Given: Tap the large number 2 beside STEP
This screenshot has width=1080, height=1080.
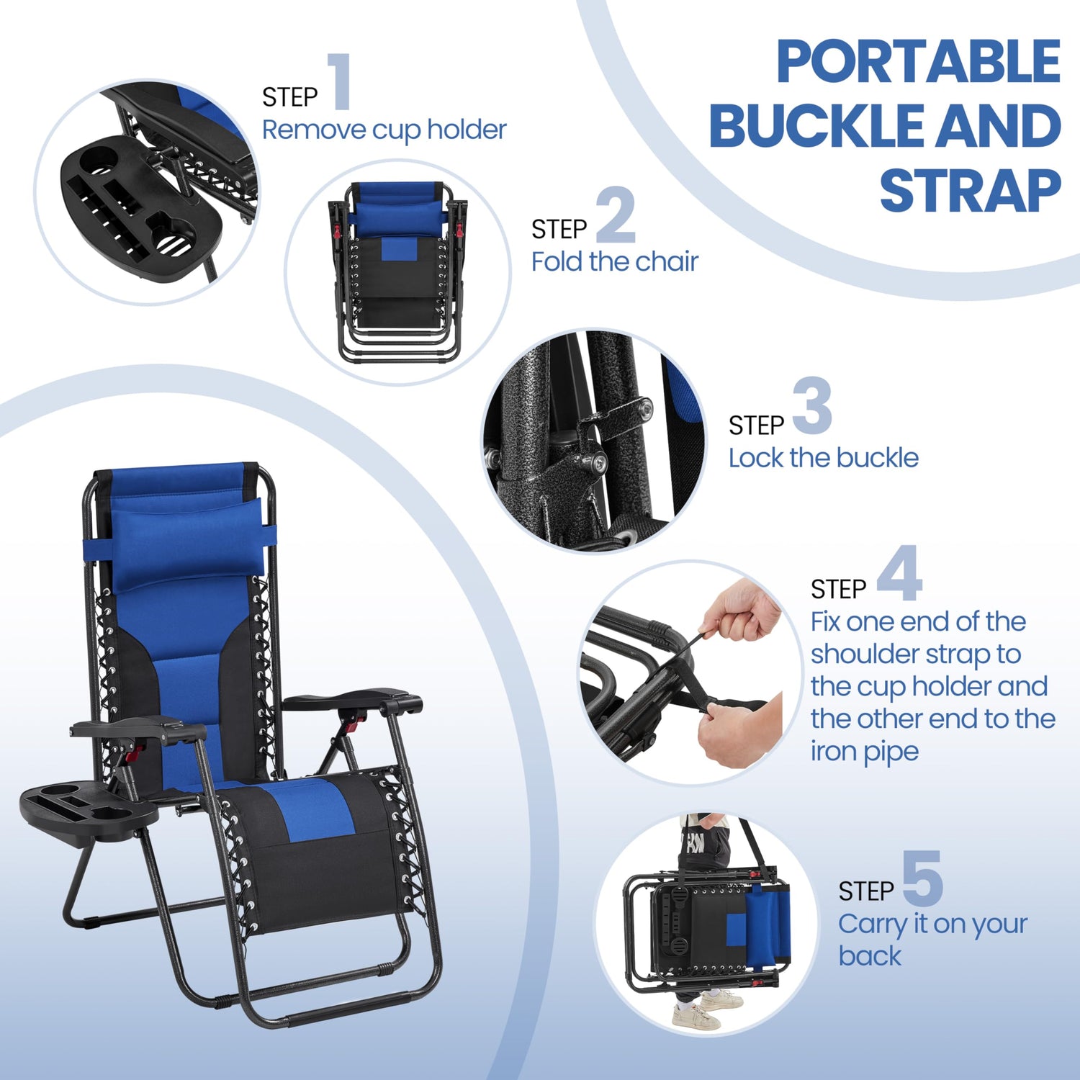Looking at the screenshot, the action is [x=616, y=215].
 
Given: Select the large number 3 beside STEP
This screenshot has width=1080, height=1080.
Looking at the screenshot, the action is [x=813, y=405].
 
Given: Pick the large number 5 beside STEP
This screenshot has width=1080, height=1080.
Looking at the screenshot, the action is [x=922, y=878].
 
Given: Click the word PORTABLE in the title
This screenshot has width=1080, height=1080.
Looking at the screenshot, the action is [x=918, y=62].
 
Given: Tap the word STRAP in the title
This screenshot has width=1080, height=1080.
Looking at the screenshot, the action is [x=970, y=190].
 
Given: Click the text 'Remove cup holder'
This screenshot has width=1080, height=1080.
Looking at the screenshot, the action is [x=384, y=130].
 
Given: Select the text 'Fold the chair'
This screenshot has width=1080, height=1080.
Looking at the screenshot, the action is [x=615, y=261].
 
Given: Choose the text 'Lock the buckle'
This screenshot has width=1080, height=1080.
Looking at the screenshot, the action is [x=824, y=458].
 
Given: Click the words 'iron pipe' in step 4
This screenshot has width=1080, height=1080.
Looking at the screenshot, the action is [x=864, y=752].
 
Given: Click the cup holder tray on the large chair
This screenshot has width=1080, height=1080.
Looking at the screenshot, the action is [x=88, y=812].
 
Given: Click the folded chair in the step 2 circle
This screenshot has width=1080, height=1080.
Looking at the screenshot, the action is [x=398, y=271].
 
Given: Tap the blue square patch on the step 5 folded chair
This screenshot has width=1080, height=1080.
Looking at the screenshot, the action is [x=736, y=930].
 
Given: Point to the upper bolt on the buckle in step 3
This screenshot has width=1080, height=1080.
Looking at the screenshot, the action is [x=646, y=409].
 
